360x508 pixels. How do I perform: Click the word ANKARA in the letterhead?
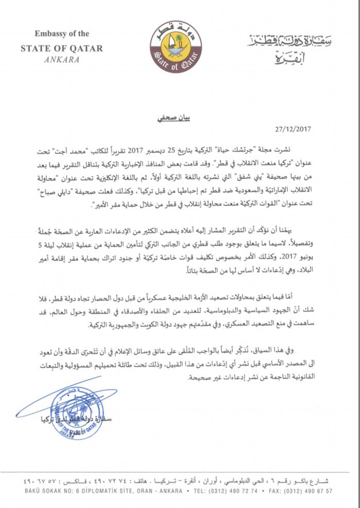61,59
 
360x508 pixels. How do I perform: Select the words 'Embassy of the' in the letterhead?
62,34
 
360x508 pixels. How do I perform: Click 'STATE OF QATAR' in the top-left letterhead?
61,48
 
